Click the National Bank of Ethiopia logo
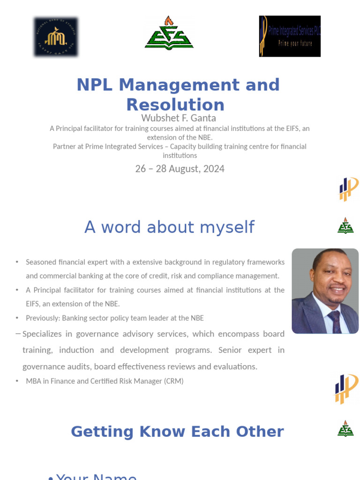(x=56, y=37)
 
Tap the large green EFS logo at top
(x=169, y=32)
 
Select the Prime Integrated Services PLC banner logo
(x=290, y=36)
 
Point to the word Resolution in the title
(x=175, y=105)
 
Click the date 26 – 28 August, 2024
(x=180, y=169)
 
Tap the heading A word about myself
(x=169, y=227)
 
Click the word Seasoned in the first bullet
(x=41, y=262)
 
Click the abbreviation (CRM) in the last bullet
(x=173, y=381)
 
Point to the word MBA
(x=34, y=381)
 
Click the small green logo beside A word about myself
(x=345, y=226)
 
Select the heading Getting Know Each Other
(x=177, y=432)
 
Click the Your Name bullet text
(x=96, y=476)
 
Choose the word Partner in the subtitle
(x=65, y=147)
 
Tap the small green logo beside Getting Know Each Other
(x=345, y=429)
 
